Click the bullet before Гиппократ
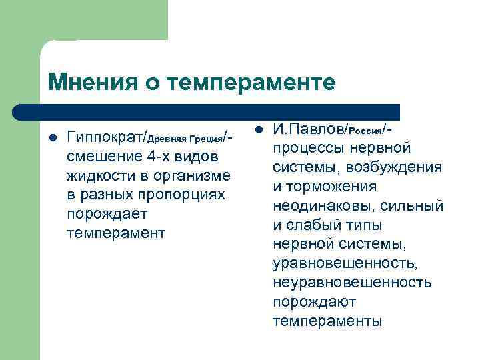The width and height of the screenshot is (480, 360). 53,139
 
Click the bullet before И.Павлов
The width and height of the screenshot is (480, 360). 258,128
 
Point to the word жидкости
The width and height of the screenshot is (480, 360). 99,176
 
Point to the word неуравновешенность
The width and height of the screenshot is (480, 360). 351,283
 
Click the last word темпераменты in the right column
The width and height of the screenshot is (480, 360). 327,321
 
